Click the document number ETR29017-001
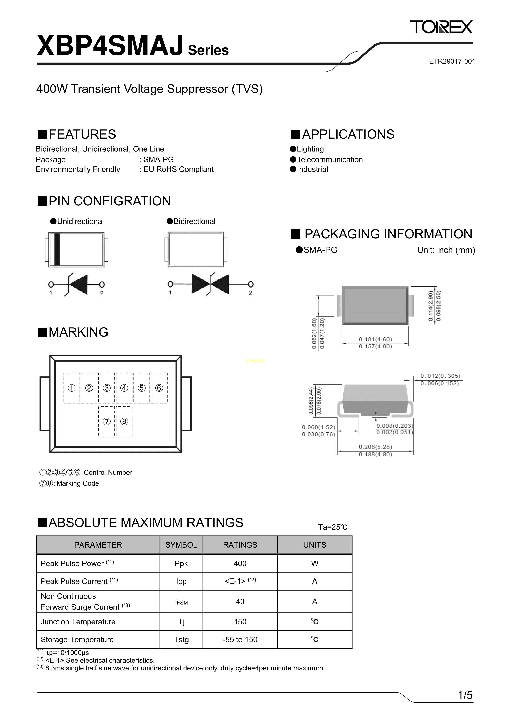click(x=452, y=62)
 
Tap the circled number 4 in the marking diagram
click(x=124, y=388)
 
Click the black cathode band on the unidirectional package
click(x=57, y=250)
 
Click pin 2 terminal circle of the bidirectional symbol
click(x=251, y=285)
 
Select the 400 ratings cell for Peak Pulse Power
click(x=240, y=563)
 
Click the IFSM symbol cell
click(x=181, y=602)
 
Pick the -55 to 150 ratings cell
click(x=240, y=640)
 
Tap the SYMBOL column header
click(x=181, y=545)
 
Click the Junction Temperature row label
click(x=78, y=622)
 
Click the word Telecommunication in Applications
click(x=330, y=159)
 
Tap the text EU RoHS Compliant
click(x=178, y=170)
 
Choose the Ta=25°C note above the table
click(x=333, y=527)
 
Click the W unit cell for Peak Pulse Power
click(x=315, y=563)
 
